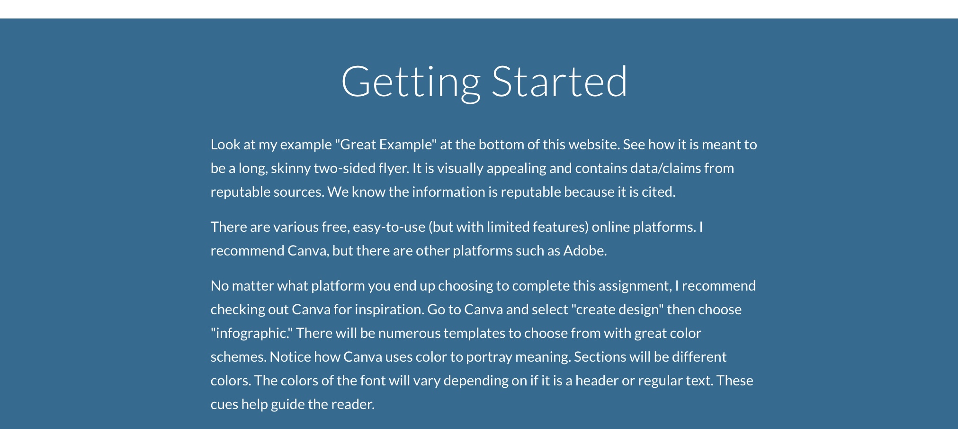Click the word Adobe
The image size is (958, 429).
coord(585,251)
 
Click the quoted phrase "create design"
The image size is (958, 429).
coord(618,310)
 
